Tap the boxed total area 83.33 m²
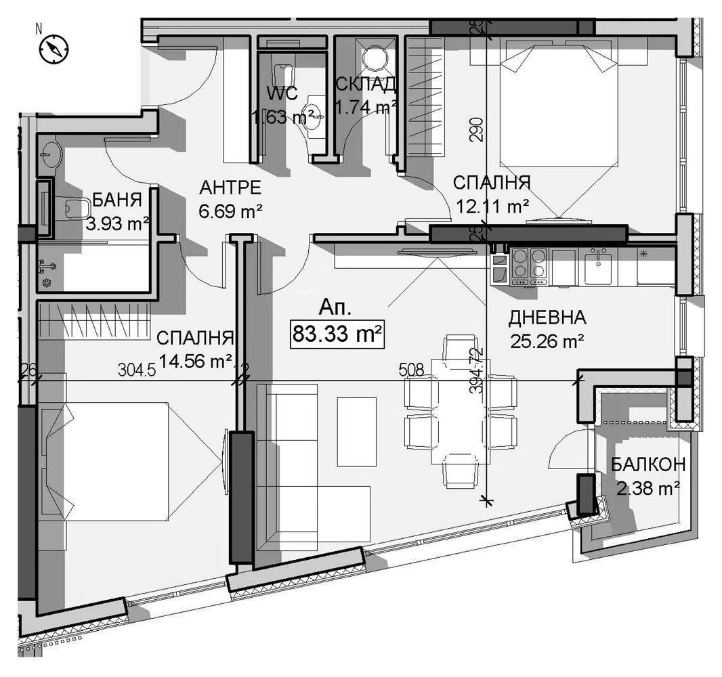[337, 334]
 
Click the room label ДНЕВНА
[547, 318]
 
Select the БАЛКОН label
[647, 464]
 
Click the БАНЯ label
[116, 200]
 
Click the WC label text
[282, 92]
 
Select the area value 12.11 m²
[491, 206]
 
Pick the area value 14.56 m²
[196, 361]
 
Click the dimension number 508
[411, 370]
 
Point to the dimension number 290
[479, 129]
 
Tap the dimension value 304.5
[137, 370]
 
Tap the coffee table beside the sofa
[356, 431]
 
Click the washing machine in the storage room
[373, 58]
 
